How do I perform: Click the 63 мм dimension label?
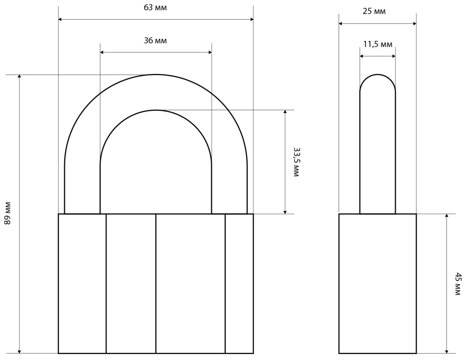point(155,8)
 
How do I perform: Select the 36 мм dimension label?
point(155,40)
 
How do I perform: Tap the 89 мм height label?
point(7,213)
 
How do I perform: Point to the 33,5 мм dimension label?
point(296,162)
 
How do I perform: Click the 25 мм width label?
point(374,11)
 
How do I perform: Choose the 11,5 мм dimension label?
point(378,45)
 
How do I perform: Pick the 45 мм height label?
point(459,284)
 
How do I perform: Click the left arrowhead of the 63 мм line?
point(60,19)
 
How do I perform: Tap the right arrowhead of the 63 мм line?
point(251,19)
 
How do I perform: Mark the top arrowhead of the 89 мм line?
point(20,76)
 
